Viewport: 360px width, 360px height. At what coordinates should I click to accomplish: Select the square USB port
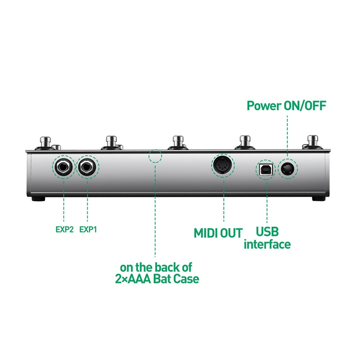tap(265, 169)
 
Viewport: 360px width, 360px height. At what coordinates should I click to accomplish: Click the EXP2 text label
tap(64, 229)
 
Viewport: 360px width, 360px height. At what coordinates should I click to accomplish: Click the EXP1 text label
tap(88, 229)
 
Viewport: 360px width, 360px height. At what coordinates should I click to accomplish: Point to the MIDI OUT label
tap(218, 233)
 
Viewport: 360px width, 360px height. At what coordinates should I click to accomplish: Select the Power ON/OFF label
tap(287, 106)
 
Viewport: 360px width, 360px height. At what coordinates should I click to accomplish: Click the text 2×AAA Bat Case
tap(157, 279)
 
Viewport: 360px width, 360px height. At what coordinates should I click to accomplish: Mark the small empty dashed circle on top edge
tap(155, 156)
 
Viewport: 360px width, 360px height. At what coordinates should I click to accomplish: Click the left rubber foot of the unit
tap(40, 198)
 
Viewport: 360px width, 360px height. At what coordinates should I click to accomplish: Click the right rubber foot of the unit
tap(319, 198)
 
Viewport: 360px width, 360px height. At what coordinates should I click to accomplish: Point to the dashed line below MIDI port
tap(223, 202)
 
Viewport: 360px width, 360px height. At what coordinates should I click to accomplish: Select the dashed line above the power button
tap(287, 135)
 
